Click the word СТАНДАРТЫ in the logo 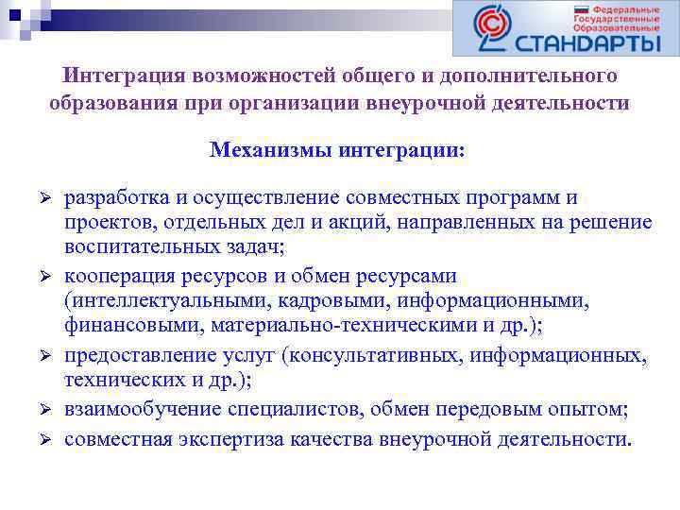pyautogui.click(x=587, y=42)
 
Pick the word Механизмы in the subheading pyautogui.click(x=258, y=150)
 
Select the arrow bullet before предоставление pyautogui.click(x=42, y=357)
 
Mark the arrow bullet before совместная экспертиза pyautogui.click(x=42, y=438)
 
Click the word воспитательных pyautogui.click(x=132, y=246)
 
